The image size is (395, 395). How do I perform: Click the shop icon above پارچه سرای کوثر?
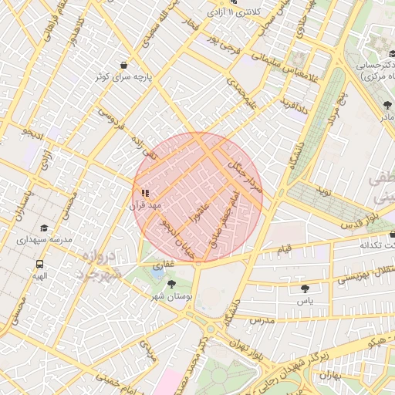pyautogui.click(x=123, y=65)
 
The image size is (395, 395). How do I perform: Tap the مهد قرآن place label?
pyautogui.click(x=143, y=206)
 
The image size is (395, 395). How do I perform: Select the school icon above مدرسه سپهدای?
pyautogui.click(x=43, y=228)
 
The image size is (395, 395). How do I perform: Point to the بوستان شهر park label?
pyautogui.click(x=172, y=296)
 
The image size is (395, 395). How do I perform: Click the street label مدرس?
pyautogui.click(x=262, y=318)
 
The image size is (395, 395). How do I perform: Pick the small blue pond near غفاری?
pyautogui.click(x=157, y=272)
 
